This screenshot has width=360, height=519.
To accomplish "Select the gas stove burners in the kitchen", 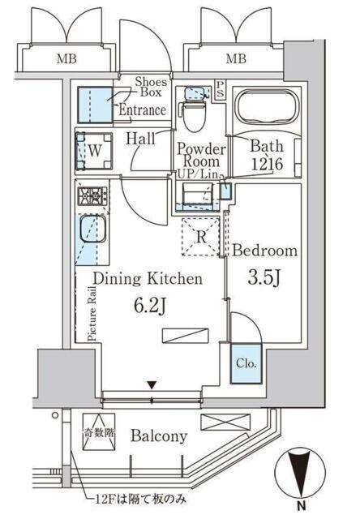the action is (92, 195).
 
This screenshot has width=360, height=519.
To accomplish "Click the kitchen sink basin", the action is (92, 229).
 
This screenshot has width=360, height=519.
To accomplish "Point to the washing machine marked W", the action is (94, 151).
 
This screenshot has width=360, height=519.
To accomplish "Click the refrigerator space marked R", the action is (201, 236).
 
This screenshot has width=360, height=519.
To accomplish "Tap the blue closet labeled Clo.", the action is (246, 364).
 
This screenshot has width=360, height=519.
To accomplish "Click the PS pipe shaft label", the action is (220, 88).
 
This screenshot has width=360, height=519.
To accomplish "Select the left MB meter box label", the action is (66, 59).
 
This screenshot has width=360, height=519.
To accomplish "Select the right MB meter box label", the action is (236, 59).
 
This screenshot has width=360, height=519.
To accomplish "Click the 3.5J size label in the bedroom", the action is (264, 278).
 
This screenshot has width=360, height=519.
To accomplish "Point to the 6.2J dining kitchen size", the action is (150, 307).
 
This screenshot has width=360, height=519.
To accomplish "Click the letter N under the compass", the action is (301, 506).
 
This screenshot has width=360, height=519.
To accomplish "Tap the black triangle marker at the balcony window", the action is (152, 385).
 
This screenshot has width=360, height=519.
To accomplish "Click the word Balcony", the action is (159, 436).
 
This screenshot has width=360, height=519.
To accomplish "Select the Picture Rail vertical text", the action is (92, 314).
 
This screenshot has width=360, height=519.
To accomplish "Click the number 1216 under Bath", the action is (267, 164).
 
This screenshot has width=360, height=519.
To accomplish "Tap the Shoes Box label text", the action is (151, 87).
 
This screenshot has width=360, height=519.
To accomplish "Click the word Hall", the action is (140, 139).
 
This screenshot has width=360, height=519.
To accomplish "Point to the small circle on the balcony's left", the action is (55, 414).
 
